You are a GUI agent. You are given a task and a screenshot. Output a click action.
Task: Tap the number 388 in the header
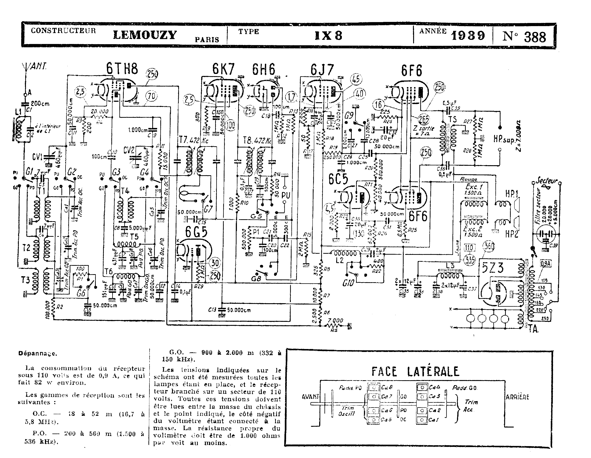pyautogui.click(x=535, y=37)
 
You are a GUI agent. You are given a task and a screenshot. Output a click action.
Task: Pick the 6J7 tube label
pyautogui.click(x=322, y=70)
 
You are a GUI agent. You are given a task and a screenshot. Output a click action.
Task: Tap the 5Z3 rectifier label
pyautogui.click(x=493, y=268)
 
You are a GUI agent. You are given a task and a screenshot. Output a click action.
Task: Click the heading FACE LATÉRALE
pyautogui.click(x=415, y=371)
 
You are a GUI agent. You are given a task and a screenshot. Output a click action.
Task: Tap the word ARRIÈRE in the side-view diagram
pyautogui.click(x=517, y=397)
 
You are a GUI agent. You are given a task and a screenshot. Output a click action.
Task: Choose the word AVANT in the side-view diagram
pyautogui.click(x=310, y=397)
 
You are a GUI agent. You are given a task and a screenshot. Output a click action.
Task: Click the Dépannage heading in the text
pyautogui.click(x=37, y=353)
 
